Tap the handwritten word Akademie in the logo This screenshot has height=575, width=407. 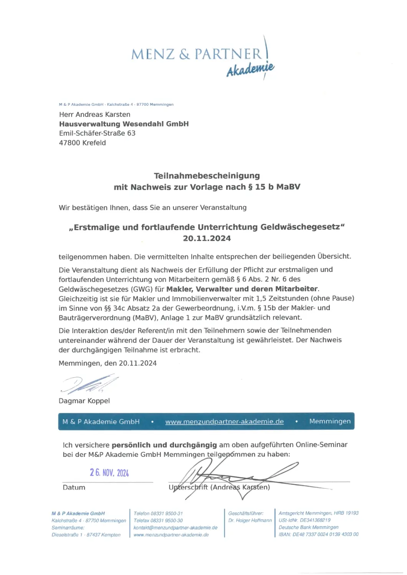[x=250, y=69]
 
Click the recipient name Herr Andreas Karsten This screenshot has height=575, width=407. [x=94, y=114]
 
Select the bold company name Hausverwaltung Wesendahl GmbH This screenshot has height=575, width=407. [x=124, y=124]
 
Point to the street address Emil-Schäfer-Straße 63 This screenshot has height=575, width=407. [x=97, y=133]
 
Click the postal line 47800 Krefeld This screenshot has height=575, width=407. [x=82, y=143]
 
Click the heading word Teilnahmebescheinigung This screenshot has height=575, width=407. [x=207, y=176]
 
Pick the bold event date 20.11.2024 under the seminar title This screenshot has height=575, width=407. [x=207, y=238]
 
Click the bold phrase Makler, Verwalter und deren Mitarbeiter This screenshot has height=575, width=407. [x=242, y=289]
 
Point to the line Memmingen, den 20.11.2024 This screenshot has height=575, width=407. [x=108, y=363]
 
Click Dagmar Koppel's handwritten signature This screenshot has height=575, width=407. [x=89, y=384]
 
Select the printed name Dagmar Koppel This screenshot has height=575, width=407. [x=84, y=401]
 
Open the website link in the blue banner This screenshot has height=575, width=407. [x=224, y=421]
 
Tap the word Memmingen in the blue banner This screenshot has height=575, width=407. [x=330, y=421]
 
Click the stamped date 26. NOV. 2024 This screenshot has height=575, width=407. [x=109, y=473]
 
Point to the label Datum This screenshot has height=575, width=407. [x=74, y=487]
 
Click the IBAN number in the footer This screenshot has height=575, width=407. [x=318, y=534]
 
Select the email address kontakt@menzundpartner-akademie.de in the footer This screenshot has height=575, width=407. [x=175, y=527]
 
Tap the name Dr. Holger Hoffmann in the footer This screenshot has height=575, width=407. [x=250, y=520]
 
